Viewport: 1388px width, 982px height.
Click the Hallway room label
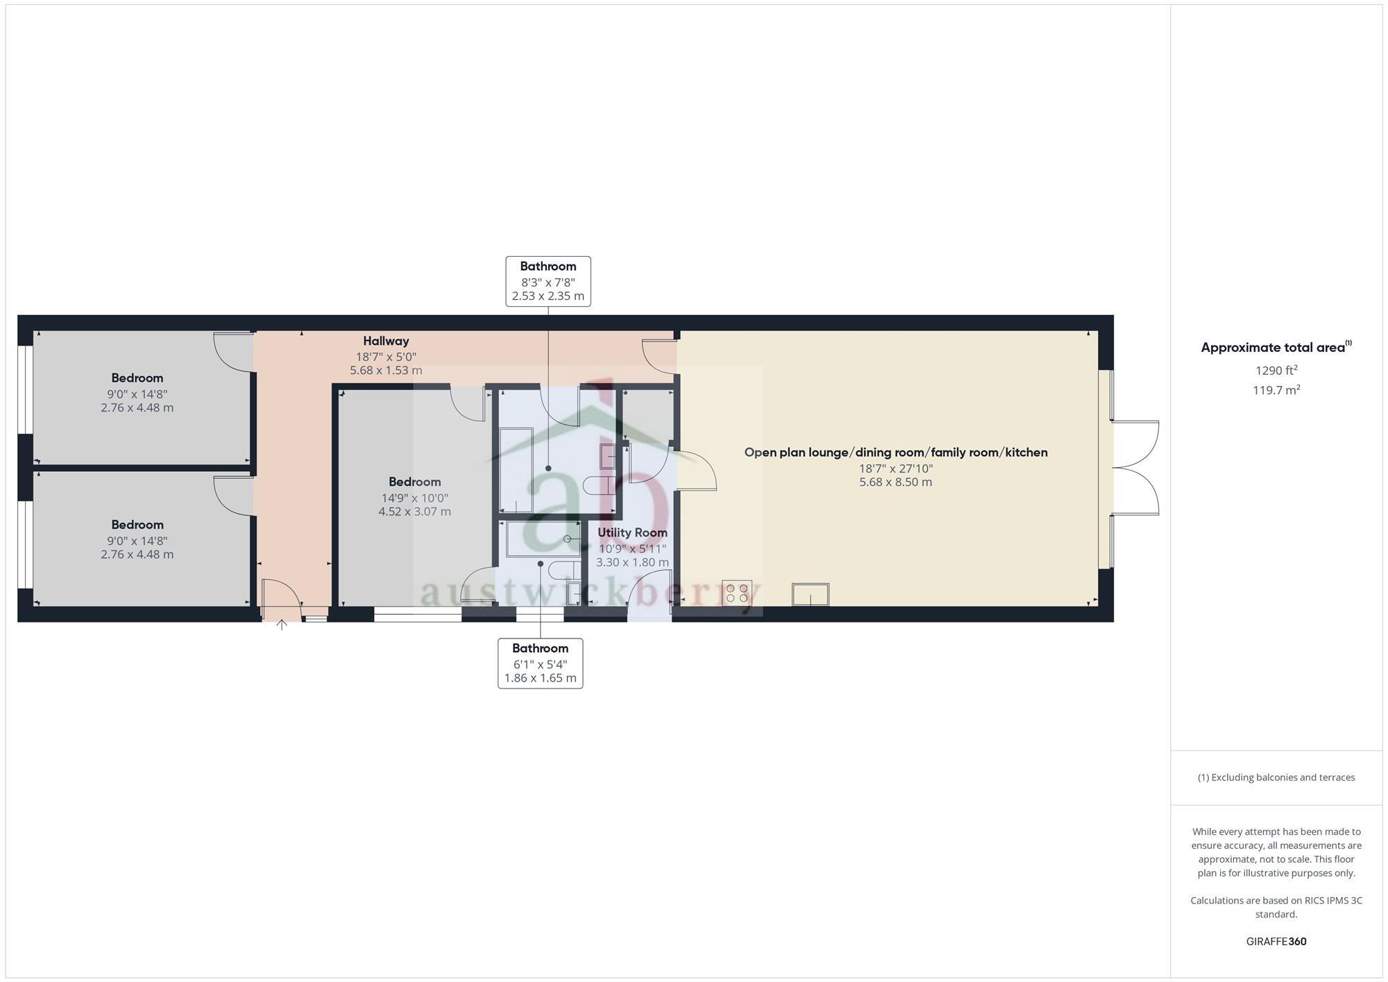[386, 341]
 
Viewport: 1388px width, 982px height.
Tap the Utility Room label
[632, 532]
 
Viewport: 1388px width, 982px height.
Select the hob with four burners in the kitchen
[737, 593]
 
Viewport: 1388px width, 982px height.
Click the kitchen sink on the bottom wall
[810, 594]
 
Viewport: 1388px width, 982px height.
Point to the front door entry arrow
[282, 625]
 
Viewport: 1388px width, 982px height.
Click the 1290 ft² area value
[1276, 371]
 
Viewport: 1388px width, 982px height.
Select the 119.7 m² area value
[1276, 390]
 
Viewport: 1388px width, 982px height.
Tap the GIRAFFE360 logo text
[1276, 942]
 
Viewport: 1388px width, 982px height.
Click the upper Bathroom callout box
[548, 281]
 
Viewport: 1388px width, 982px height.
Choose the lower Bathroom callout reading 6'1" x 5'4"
[540, 663]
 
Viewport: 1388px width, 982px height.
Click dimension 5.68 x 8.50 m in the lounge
[895, 482]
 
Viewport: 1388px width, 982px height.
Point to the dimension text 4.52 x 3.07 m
[414, 511]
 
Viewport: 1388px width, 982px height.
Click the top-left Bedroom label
[137, 378]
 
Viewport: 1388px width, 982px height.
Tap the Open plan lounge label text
[895, 452]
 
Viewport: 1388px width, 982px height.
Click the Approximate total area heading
[1276, 348]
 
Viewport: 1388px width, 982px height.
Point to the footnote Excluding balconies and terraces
[1276, 777]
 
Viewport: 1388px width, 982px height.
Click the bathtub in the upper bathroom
[516, 470]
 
